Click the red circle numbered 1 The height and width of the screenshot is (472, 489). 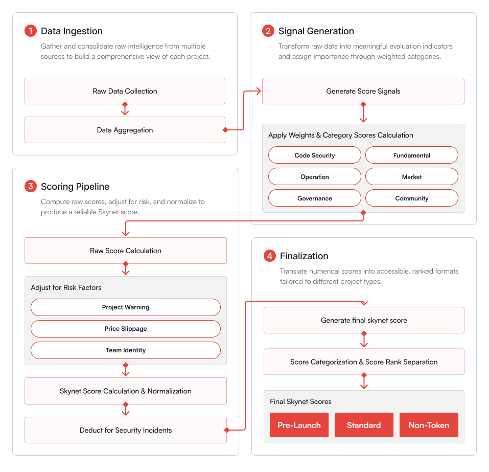(31, 31)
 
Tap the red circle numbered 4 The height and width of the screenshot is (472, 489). (269, 256)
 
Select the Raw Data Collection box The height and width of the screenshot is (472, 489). (125, 91)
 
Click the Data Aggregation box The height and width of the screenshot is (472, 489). (125, 130)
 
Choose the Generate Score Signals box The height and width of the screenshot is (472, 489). (363, 91)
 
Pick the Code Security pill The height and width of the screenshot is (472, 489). (315, 155)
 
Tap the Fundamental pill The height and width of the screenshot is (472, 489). (412, 155)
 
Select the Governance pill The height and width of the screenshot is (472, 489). (315, 198)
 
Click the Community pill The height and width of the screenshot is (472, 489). (412, 198)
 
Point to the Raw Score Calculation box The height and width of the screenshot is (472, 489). (126, 251)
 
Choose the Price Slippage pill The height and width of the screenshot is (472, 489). (126, 329)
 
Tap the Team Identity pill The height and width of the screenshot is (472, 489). (126, 350)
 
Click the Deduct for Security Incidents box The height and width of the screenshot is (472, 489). (126, 430)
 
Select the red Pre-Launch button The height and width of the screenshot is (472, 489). (299, 425)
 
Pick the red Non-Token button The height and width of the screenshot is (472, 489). (429, 425)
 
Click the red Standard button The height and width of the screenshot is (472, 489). (364, 425)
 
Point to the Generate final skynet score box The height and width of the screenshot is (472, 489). (364, 320)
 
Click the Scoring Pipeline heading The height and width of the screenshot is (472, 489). (75, 186)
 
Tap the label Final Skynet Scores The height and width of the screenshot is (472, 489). (300, 401)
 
